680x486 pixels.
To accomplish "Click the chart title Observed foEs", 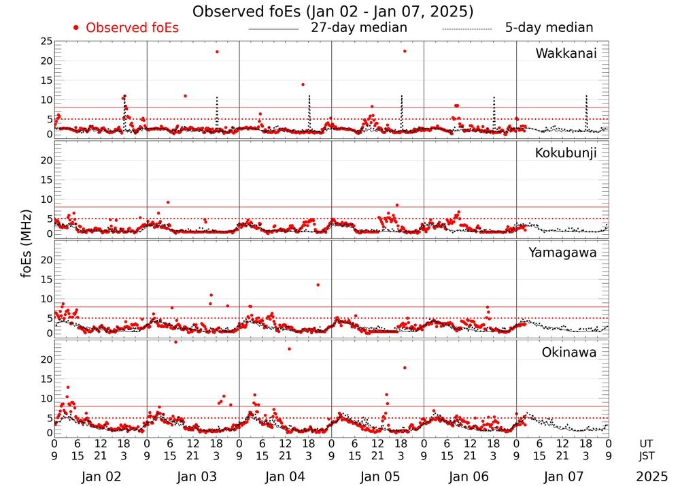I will point(333,12).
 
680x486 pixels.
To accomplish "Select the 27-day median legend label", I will point(359,28).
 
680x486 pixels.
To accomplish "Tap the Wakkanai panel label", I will point(566,54).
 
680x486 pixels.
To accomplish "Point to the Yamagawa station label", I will point(563,253).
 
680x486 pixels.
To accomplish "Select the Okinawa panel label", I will point(569,353).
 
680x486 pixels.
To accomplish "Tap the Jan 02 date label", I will point(101,477).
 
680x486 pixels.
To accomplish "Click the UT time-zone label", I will point(646,443).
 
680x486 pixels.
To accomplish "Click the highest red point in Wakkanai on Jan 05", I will point(405,51).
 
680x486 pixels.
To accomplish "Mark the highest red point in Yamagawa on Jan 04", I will point(318,285).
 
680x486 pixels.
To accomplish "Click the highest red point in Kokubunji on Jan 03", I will point(168,202).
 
